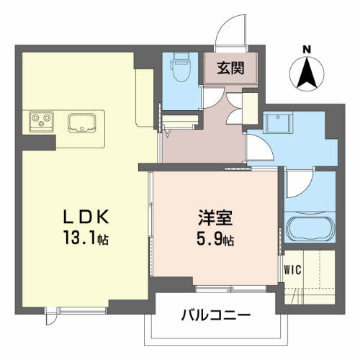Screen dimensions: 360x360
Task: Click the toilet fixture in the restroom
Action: tap(180, 67)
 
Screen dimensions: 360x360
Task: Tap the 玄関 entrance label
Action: tap(230, 68)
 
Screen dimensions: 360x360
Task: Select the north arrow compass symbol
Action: tap(307, 73)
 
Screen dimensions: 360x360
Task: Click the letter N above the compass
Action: tap(307, 50)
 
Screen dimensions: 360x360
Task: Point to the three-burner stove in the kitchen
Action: tap(41, 122)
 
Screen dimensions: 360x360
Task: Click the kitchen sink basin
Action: tap(82, 122)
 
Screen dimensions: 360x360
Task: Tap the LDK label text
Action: tap(86, 217)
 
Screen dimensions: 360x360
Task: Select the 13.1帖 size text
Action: tap(86, 238)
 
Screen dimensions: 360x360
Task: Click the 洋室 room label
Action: tap(215, 217)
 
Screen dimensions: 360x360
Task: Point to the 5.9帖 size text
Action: tap(215, 238)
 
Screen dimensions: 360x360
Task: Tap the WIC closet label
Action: tap(292, 270)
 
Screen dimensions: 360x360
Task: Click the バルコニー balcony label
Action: tap(215, 315)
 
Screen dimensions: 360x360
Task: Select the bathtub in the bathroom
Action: tap(310, 229)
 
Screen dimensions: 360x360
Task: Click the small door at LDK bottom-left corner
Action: tap(51, 316)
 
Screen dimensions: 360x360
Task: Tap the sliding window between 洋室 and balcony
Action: tap(230, 289)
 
